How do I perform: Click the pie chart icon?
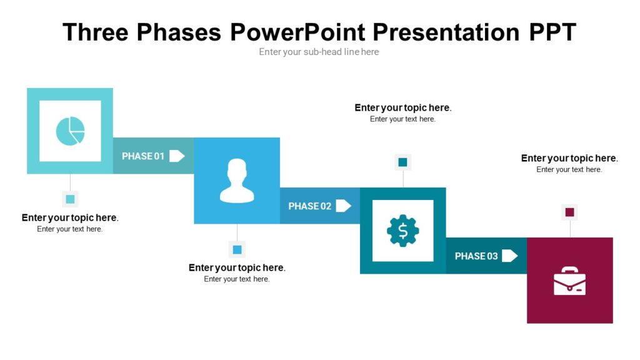coord(70,131)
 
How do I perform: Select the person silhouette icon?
coord(237,181)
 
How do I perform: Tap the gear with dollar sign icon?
coord(402,231)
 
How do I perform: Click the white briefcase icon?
coord(569,281)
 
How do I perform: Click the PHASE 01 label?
coord(143,156)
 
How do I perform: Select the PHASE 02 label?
coord(309,206)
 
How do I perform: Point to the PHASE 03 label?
coord(476,256)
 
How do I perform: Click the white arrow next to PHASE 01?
coord(177,156)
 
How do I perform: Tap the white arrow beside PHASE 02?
coord(343,206)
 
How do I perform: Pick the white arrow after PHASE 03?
coord(509,256)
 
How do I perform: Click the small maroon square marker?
coord(569,212)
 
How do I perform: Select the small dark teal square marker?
coord(402,162)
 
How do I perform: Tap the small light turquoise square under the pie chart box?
coord(70,199)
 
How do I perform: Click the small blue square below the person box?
coord(237,250)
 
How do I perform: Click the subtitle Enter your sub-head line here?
coord(319,52)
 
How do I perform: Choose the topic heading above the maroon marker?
coord(569,158)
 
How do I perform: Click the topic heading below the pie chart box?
coord(70,217)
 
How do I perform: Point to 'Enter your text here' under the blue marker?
coord(237,279)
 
